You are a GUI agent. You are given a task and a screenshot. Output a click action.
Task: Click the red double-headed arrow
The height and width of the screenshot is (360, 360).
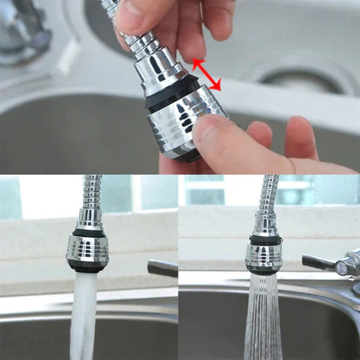tap(207, 75)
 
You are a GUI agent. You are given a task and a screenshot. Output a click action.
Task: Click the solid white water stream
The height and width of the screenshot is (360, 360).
tap(83, 314)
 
